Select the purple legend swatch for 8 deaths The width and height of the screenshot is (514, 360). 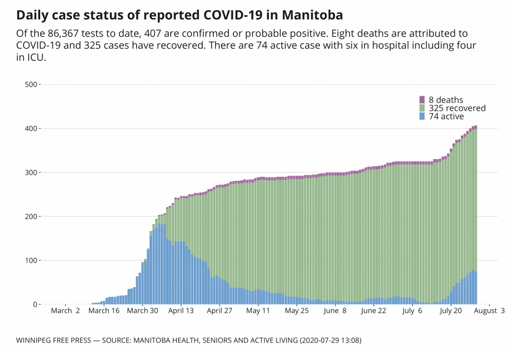pyautogui.click(x=422, y=100)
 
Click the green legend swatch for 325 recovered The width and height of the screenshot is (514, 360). pyautogui.click(x=422, y=108)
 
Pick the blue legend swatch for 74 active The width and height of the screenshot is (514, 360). pyautogui.click(x=422, y=116)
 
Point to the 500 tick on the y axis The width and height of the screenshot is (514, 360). pyautogui.click(x=31, y=84)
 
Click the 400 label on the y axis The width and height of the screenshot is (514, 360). pyautogui.click(x=31, y=129)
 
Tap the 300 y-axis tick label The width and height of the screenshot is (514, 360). pyautogui.click(x=31, y=173)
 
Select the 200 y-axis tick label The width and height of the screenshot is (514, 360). pyautogui.click(x=31, y=216)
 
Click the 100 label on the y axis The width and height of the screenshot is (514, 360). pyautogui.click(x=31, y=261)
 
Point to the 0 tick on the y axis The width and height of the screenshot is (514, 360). pyautogui.click(x=35, y=305)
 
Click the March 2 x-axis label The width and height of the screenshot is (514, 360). pyautogui.click(x=66, y=311)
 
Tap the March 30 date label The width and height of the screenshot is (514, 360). pyautogui.click(x=143, y=311)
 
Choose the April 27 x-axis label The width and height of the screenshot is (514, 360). pyautogui.click(x=219, y=311)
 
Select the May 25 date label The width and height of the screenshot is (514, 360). pyautogui.click(x=297, y=311)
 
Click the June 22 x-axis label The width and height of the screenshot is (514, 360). pyautogui.click(x=373, y=311)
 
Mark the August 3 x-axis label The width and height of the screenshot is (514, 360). pyautogui.click(x=489, y=311)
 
